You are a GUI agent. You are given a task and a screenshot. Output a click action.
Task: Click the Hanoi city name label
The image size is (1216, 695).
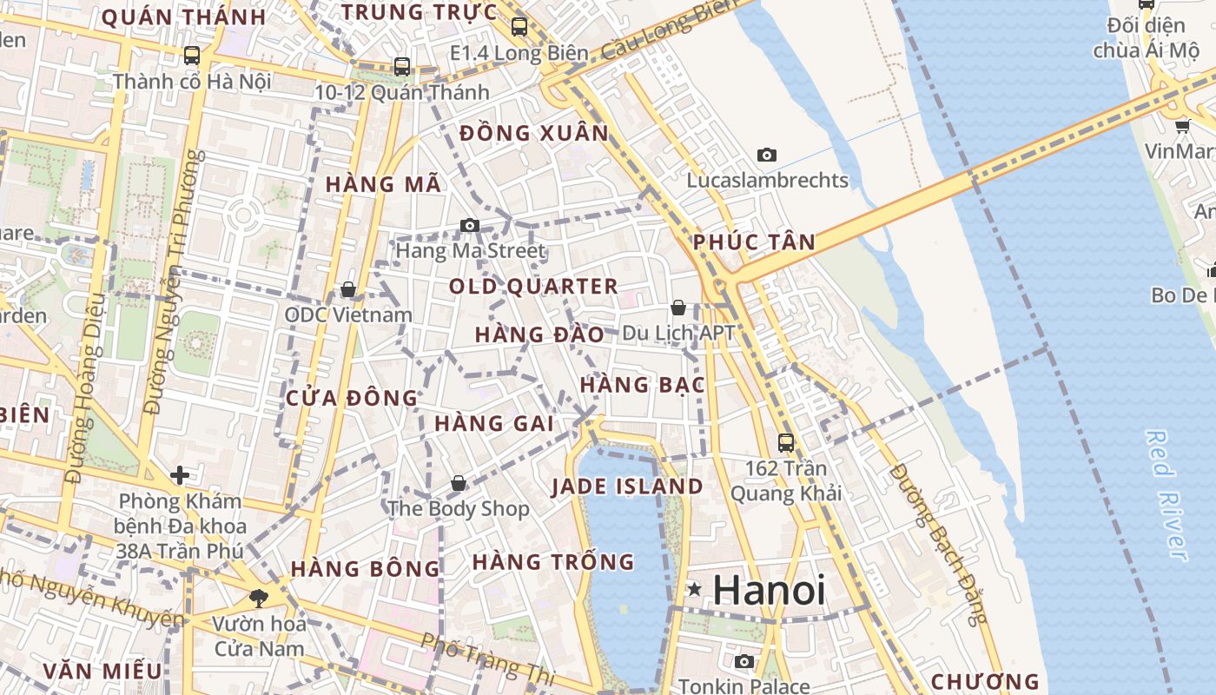point(769,591)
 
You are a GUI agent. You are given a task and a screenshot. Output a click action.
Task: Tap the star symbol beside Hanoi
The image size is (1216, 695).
point(694,590)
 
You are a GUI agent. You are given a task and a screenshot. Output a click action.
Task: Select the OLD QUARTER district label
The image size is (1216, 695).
point(533,286)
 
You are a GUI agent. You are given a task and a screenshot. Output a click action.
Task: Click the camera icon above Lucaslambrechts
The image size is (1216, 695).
point(766,155)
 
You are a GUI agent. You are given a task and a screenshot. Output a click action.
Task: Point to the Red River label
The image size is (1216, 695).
point(1166,495)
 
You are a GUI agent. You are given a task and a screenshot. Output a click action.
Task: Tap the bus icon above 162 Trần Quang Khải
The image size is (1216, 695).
point(786,442)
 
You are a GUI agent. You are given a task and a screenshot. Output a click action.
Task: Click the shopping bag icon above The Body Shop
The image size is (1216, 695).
point(458,483)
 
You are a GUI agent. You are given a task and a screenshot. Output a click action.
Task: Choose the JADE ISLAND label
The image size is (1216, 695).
point(627,486)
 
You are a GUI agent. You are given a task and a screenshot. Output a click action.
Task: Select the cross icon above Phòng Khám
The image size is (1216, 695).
point(180,474)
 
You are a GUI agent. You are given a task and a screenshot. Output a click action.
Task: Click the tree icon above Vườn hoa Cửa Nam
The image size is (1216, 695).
point(258,597)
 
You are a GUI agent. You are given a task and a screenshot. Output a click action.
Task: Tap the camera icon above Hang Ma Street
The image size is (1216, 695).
point(470,226)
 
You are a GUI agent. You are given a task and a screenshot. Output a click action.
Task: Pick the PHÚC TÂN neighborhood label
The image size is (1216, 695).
point(754,242)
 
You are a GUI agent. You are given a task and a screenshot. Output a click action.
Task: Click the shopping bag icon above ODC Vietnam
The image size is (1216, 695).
point(348,289)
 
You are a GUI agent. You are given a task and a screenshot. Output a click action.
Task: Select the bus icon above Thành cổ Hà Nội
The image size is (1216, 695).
point(192,56)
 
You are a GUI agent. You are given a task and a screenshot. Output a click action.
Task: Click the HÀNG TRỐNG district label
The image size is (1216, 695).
point(553,562)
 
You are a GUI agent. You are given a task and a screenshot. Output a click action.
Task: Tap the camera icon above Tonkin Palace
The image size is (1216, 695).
point(743,661)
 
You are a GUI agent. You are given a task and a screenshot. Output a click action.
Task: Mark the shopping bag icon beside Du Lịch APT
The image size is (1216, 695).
point(677,308)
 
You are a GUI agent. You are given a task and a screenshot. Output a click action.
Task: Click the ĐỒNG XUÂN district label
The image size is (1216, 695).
point(534,134)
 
